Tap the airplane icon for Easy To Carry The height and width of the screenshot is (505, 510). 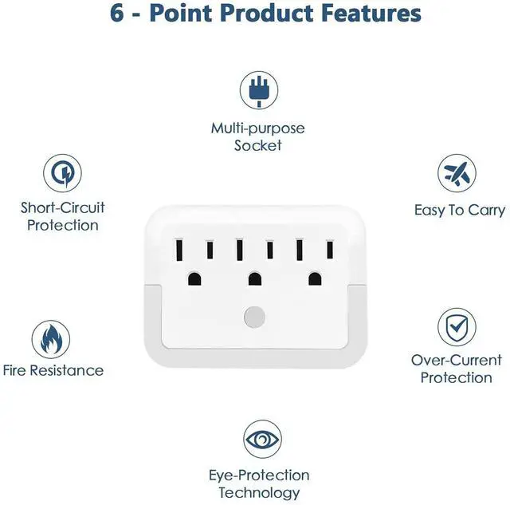point(457,173)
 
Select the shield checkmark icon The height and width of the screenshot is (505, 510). point(456,326)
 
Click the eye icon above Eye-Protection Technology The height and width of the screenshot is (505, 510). point(262,440)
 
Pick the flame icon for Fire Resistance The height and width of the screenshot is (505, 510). point(50,339)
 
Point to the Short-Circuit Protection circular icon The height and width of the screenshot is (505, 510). point(61,173)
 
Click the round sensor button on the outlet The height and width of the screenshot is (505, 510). point(254,316)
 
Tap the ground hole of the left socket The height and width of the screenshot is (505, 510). point(194,279)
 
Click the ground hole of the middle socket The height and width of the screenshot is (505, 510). point(254,279)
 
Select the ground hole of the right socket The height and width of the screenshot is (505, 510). point(315,279)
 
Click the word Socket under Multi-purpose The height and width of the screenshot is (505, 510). point(258,146)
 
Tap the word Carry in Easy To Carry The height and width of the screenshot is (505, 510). point(485,211)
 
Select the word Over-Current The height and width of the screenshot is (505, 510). point(457,360)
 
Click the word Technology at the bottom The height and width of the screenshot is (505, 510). point(259,493)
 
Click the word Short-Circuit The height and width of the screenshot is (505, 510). point(63,207)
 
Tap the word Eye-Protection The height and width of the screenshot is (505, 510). point(259,475)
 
